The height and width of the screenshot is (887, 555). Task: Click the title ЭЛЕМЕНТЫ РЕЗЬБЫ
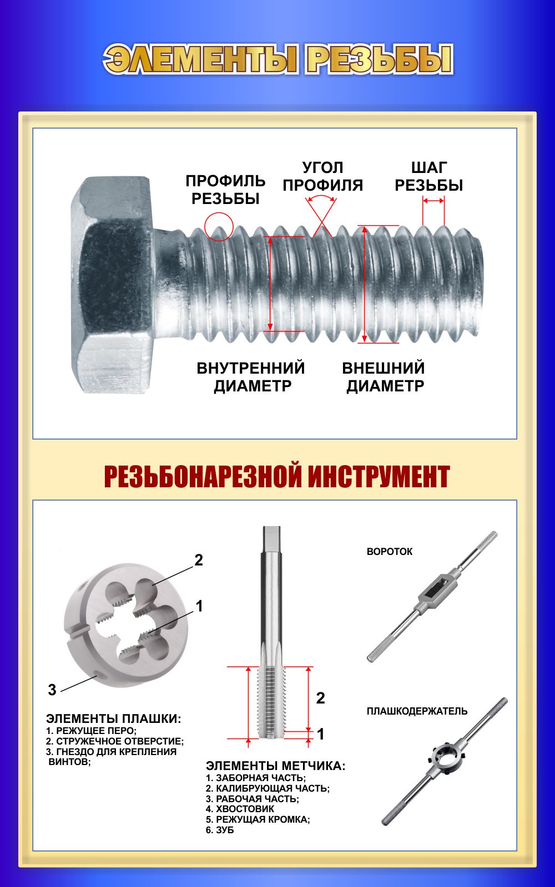[x=278, y=59]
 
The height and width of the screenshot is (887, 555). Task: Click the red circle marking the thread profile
[x=219, y=227]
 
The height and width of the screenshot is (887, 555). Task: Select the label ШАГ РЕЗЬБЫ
[x=429, y=177]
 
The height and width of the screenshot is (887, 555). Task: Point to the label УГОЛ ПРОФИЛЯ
[x=322, y=177]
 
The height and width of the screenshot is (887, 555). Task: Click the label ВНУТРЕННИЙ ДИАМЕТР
[x=251, y=376]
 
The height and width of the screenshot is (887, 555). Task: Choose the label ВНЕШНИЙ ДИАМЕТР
[x=384, y=376]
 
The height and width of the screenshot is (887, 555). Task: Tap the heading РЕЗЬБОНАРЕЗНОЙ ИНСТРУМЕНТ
[x=277, y=476]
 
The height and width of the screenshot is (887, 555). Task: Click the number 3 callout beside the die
[x=52, y=690]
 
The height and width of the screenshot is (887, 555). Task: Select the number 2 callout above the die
[x=199, y=560]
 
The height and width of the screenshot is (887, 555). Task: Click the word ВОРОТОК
[x=389, y=552]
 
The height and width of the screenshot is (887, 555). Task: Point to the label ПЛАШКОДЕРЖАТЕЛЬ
[x=417, y=711]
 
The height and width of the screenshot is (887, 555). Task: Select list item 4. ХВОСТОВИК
[x=240, y=809]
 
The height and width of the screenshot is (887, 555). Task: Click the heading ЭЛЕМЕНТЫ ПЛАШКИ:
[x=113, y=718]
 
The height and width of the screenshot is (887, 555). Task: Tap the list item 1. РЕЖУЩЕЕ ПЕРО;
[x=91, y=731]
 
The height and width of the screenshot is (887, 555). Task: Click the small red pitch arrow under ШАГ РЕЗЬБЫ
[x=433, y=201]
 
